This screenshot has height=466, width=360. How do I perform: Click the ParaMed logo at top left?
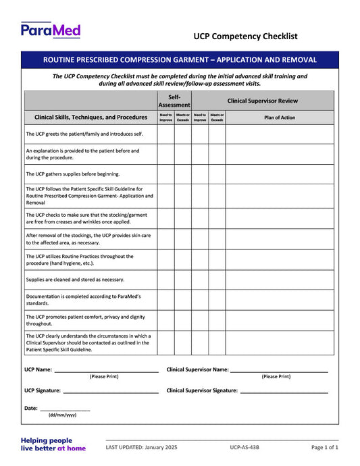pos(51,30)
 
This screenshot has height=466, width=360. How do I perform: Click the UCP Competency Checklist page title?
pos(245,36)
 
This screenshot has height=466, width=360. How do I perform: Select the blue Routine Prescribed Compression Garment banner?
pos(180,60)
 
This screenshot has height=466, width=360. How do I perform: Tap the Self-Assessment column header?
pos(174,101)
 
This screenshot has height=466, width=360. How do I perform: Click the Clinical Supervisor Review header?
pos(262,101)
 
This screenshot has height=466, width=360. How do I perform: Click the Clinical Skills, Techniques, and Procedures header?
pos(91,117)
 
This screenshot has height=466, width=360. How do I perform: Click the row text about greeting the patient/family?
pos(80,134)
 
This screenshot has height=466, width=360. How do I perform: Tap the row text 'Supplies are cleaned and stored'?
pos(75,279)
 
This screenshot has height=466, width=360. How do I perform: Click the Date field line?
pos(65,410)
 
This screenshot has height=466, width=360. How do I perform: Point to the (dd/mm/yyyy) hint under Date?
pos(62,415)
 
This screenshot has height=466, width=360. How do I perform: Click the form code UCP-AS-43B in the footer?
pos(244,447)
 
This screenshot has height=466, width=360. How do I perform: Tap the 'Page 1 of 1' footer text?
pos(324,447)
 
